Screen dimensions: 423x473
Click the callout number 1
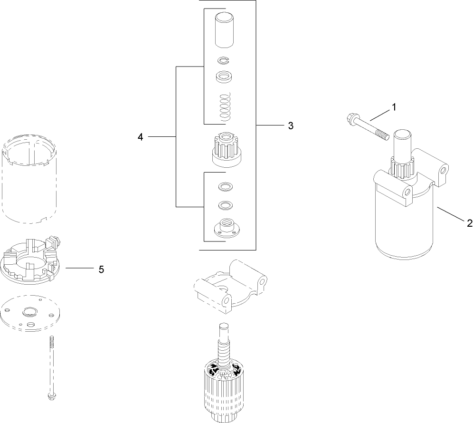coord(393,108)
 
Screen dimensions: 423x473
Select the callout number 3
coord(290,125)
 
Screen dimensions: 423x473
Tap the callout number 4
coord(140,137)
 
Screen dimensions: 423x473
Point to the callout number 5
coord(101,269)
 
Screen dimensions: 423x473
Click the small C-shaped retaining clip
coord(223,60)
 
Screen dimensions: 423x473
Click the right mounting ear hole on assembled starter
coord(444,169)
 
